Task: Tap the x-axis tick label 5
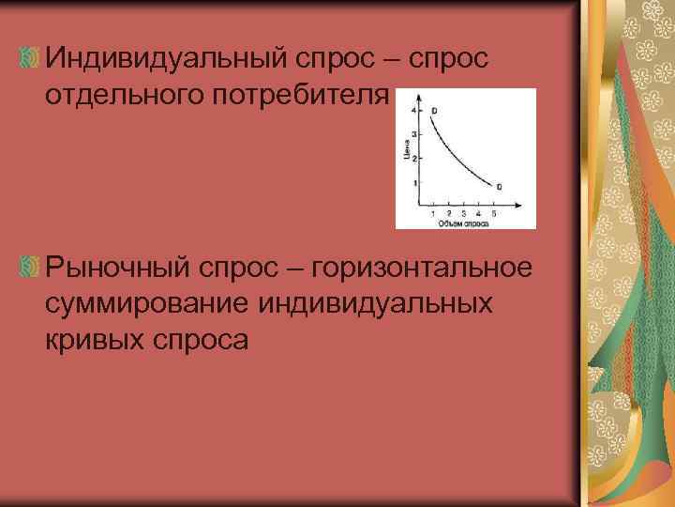(x=494, y=215)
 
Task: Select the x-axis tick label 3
(x=463, y=215)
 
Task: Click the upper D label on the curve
(x=434, y=111)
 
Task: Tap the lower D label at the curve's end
(x=499, y=188)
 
